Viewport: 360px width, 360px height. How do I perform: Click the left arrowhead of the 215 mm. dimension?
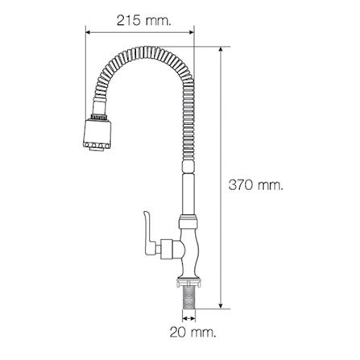pos(89,32)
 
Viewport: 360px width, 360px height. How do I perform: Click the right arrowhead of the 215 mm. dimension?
pos(193,32)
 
